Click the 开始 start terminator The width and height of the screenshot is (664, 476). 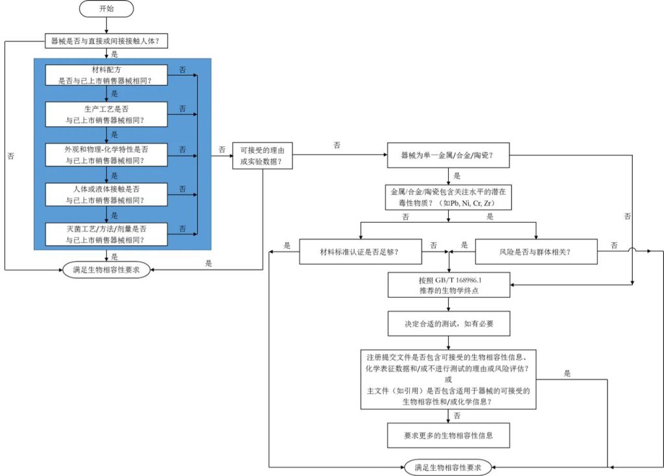pyautogui.click(x=106, y=8)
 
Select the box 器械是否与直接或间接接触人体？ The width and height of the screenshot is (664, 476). pyautogui.click(x=106, y=40)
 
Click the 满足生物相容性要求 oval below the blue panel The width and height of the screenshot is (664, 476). pyautogui.click(x=106, y=270)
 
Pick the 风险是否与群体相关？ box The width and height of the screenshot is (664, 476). pyautogui.click(x=536, y=251)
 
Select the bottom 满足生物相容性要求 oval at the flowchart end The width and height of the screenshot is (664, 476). pyautogui.click(x=448, y=466)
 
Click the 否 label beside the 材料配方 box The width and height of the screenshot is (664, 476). pyautogui.click(x=182, y=69)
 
